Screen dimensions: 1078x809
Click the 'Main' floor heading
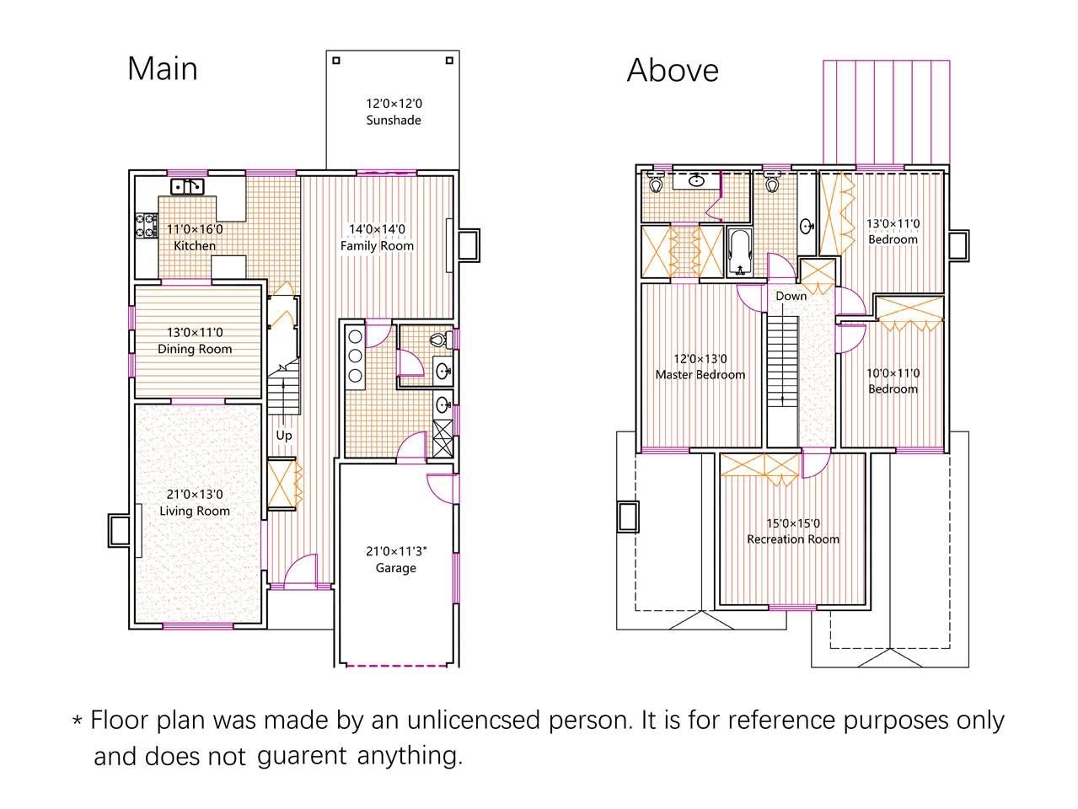(x=163, y=69)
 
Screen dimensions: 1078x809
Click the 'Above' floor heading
(x=673, y=70)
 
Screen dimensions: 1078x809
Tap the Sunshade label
(x=394, y=121)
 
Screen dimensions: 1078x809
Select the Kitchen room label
(x=195, y=245)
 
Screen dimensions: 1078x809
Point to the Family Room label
(x=377, y=245)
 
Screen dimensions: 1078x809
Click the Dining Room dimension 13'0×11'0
(x=195, y=332)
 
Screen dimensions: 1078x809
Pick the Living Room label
(x=195, y=511)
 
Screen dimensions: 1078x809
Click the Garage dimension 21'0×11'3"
(x=396, y=551)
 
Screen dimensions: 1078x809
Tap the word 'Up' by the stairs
(x=284, y=436)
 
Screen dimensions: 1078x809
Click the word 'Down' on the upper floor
(x=791, y=296)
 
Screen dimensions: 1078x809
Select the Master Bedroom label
(x=700, y=375)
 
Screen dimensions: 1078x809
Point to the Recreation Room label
(x=792, y=539)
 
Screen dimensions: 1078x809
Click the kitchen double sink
(x=187, y=186)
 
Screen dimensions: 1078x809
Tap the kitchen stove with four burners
(x=147, y=225)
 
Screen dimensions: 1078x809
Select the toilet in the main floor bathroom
(x=441, y=340)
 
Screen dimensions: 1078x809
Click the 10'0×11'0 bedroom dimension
(x=893, y=373)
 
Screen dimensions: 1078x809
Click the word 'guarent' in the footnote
(x=302, y=757)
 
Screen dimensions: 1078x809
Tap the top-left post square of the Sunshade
(x=336, y=61)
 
